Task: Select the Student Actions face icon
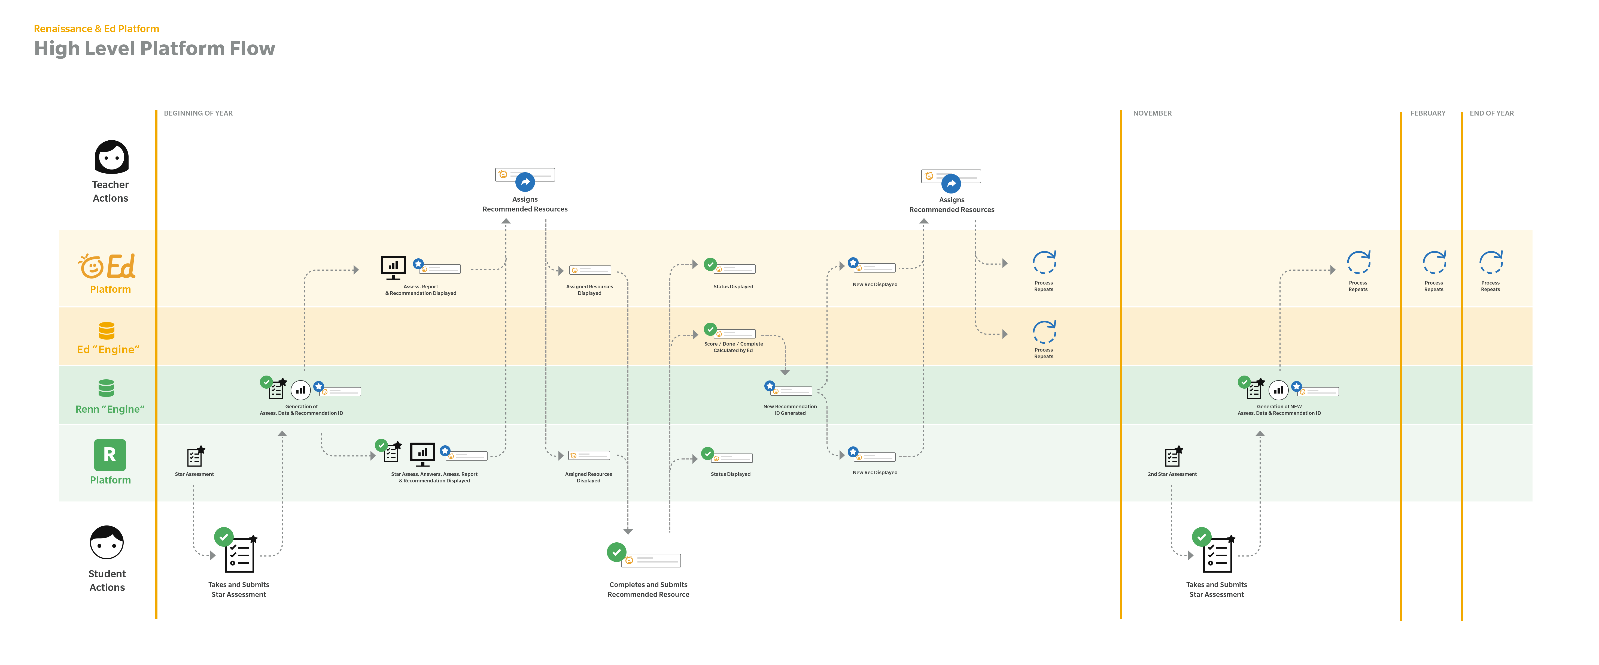pyautogui.click(x=107, y=543)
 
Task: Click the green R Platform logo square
pyautogui.click(x=110, y=455)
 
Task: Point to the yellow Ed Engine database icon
pyautogui.click(x=107, y=330)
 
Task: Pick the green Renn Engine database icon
pyautogui.click(x=106, y=388)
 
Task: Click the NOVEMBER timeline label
pyautogui.click(x=1152, y=113)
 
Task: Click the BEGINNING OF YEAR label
pyautogui.click(x=198, y=113)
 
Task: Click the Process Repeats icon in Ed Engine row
pyautogui.click(x=1044, y=332)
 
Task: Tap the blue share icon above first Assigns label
pyautogui.click(x=525, y=182)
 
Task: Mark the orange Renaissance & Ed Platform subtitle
pyautogui.click(x=96, y=29)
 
